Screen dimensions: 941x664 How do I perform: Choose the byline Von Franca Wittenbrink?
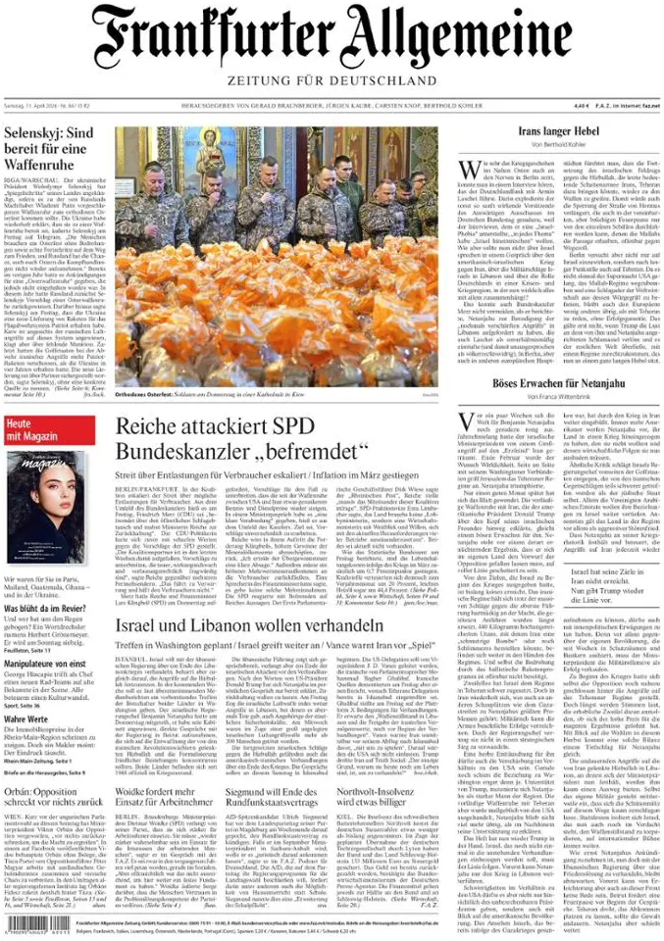[559, 397]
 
